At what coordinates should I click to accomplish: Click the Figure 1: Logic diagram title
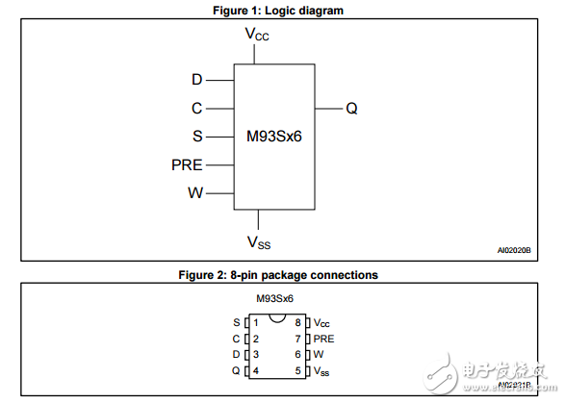277,11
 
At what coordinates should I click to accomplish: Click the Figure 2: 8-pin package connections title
278,275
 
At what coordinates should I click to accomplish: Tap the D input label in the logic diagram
197,80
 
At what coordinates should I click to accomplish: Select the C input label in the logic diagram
197,108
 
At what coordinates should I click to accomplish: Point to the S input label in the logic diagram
197,137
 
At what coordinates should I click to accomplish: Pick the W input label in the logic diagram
195,192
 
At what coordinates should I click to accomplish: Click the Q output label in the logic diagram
352,109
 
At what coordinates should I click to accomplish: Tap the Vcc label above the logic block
257,35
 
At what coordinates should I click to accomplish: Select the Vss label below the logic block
258,241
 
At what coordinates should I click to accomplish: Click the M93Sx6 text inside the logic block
273,137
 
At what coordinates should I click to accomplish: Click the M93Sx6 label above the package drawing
274,298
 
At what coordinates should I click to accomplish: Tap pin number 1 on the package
256,322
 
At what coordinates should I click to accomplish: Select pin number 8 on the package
298,322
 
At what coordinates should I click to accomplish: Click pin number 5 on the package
298,370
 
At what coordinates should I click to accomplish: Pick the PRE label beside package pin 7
324,339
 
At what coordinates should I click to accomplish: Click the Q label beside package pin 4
237,370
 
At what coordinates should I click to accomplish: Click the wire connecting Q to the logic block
328,109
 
